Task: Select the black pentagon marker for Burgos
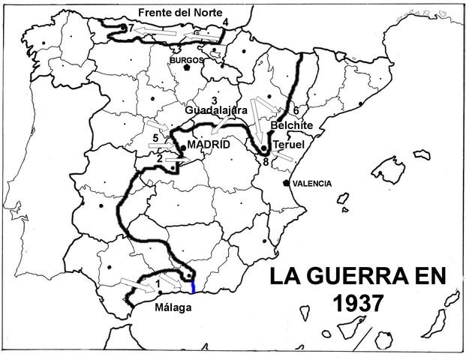(x=186, y=67)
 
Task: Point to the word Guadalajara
(x=216, y=110)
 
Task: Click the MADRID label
(x=208, y=144)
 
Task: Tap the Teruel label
(x=289, y=143)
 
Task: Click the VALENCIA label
(x=311, y=183)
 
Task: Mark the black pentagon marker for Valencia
(x=287, y=182)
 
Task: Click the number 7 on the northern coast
(x=131, y=28)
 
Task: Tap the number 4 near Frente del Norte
(x=225, y=22)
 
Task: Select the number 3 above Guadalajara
(x=215, y=100)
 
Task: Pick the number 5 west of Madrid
(x=155, y=138)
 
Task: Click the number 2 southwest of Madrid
(x=160, y=157)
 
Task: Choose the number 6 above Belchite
(x=296, y=110)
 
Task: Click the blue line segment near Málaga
(x=193, y=286)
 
